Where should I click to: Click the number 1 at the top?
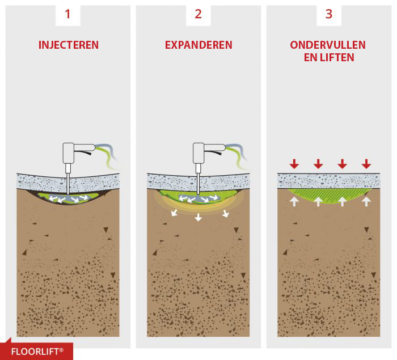click(67, 14)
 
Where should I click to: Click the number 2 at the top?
click(198, 14)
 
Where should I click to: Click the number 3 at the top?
click(329, 14)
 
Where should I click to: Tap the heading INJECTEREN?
click(68, 45)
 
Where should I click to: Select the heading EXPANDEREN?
click(198, 45)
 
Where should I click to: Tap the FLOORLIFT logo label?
click(37, 351)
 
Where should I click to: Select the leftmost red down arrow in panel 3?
click(294, 164)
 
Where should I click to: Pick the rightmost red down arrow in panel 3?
click(366, 164)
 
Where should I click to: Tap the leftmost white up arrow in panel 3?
click(294, 200)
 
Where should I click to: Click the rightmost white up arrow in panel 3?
click(366, 200)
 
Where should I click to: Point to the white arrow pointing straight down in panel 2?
click(198, 217)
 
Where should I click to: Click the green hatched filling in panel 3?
click(329, 196)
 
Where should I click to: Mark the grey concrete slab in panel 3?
click(329, 181)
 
